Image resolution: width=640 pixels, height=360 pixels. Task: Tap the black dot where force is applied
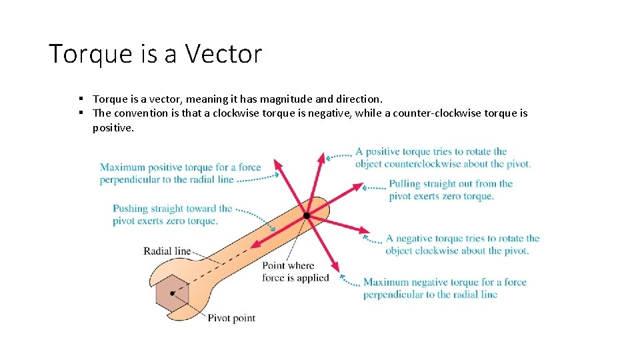pos(306,215)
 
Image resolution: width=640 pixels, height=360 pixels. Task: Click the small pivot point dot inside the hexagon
pos(172,293)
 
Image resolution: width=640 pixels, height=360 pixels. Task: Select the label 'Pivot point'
pos(231,318)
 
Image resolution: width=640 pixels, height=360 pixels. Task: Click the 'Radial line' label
pos(167,251)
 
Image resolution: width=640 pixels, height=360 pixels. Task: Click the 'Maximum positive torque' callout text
pos(180,173)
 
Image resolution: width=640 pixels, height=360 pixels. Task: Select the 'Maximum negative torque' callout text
pos(445,288)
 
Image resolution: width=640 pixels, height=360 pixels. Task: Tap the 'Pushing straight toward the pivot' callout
pos(172,215)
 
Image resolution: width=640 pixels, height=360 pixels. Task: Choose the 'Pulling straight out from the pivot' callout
pos(451,190)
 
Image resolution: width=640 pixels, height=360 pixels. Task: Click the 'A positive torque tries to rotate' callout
pos(443,157)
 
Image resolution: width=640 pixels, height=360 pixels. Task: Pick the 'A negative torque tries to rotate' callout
pos(463,244)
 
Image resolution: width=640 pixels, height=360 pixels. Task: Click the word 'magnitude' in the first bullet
pos(279,99)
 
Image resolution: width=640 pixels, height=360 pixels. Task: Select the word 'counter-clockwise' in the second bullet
pos(433,113)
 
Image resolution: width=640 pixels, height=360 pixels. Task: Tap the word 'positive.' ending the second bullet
pos(113,127)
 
